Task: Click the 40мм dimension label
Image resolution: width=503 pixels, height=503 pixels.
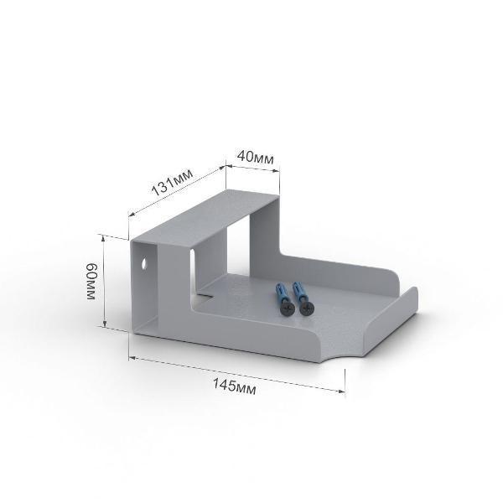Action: click(x=256, y=158)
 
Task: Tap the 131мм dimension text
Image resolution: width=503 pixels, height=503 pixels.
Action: click(x=172, y=182)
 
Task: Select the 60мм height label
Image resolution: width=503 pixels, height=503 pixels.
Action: click(x=91, y=282)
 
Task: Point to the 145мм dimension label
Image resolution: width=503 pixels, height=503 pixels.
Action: click(x=235, y=386)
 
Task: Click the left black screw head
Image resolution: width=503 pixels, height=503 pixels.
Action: click(x=287, y=309)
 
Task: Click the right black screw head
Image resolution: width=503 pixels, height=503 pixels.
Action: click(x=307, y=309)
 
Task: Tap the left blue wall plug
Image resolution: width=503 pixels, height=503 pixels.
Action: click(x=280, y=293)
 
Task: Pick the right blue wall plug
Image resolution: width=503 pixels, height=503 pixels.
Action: click(x=298, y=292)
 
